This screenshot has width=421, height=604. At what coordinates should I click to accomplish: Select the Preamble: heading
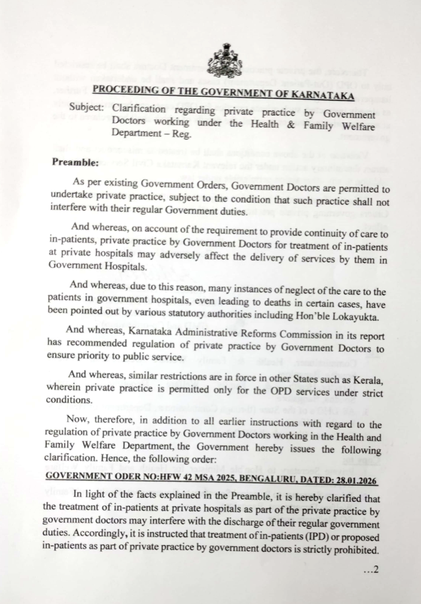coord(75,162)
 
